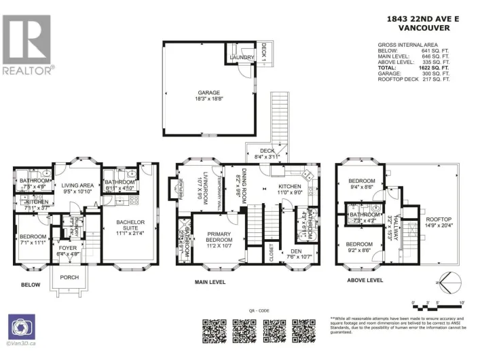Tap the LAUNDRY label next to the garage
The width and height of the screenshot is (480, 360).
pyautogui.click(x=242, y=58)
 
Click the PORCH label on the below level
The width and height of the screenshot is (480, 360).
pyautogui.click(x=69, y=277)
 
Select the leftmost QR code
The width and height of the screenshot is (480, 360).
pyautogui.click(x=215, y=331)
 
